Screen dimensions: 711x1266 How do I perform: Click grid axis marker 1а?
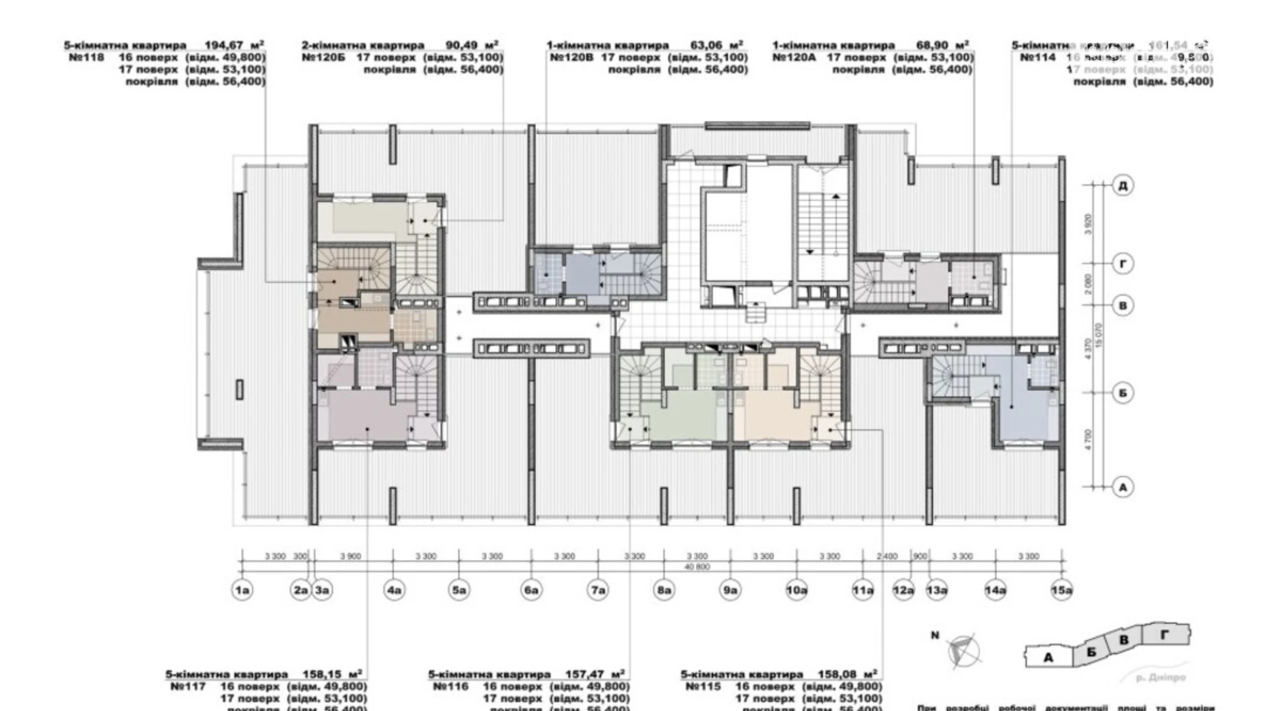pyautogui.click(x=242, y=590)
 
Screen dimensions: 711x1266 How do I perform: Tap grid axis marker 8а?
pyautogui.click(x=664, y=590)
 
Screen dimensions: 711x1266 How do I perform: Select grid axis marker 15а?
pyautogui.click(x=1061, y=590)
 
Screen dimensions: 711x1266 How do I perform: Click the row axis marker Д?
pyautogui.click(x=1122, y=185)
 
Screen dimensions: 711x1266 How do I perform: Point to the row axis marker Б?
pyautogui.click(x=1122, y=393)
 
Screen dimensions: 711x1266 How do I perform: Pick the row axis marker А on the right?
pyautogui.click(x=1122, y=487)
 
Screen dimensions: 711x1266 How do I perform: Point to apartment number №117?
pyautogui.click(x=188, y=686)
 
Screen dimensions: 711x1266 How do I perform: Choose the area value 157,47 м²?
pyautogui.click(x=595, y=674)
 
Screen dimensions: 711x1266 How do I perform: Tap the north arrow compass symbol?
pyautogui.click(x=963, y=650)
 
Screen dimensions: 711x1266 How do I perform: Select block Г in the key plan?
pyautogui.click(x=1165, y=635)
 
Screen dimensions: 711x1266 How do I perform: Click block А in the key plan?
pyautogui.click(x=1048, y=657)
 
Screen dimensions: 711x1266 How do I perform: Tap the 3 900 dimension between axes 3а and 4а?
pyautogui.click(x=350, y=556)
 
